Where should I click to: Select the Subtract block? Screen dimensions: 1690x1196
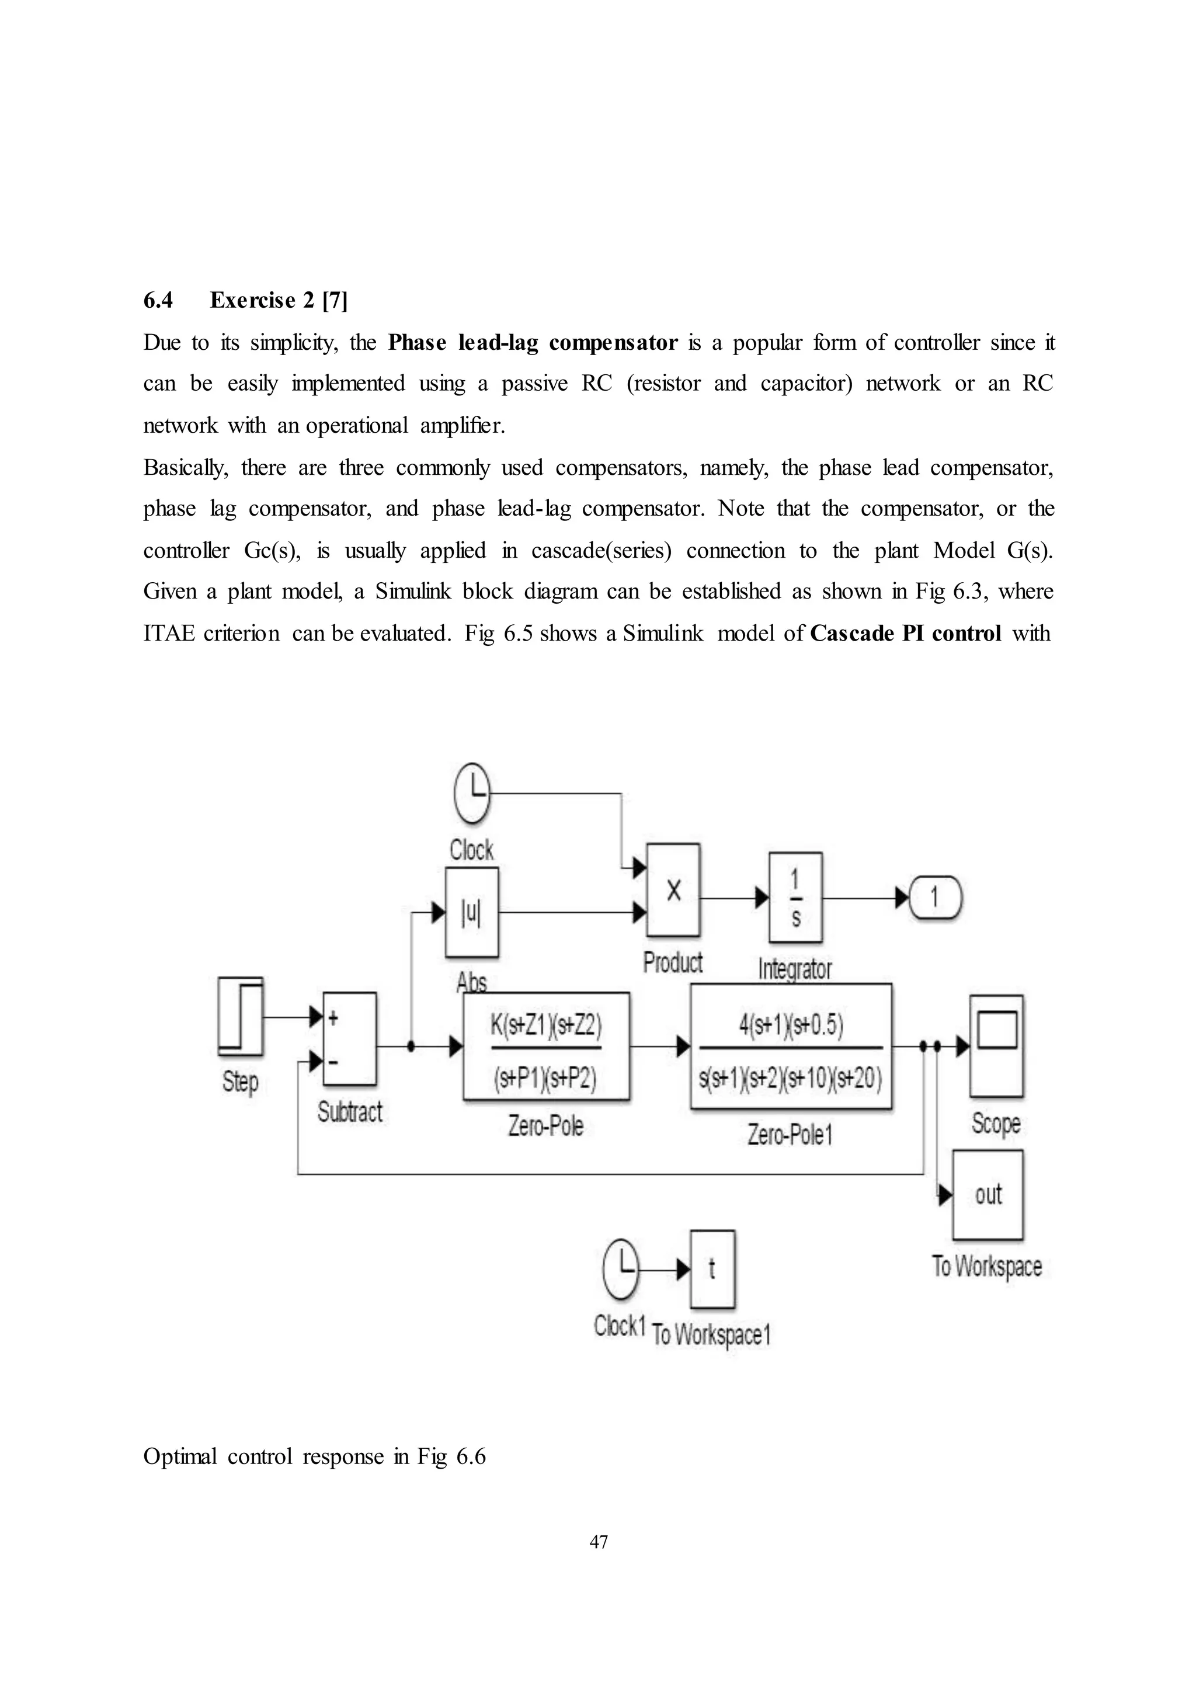pyautogui.click(x=350, y=1038)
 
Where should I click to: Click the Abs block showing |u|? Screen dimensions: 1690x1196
pyautogui.click(x=471, y=912)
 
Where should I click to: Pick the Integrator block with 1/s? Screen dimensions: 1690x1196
pyautogui.click(x=795, y=897)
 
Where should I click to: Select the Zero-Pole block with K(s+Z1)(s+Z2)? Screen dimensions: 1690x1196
pyautogui.click(x=545, y=1046)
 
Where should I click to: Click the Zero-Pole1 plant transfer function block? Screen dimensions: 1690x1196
pyautogui.click(x=791, y=1046)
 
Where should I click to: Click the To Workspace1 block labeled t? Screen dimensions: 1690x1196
pyautogui.click(x=711, y=1269)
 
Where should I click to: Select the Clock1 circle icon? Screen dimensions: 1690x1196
pyautogui.click(x=621, y=1268)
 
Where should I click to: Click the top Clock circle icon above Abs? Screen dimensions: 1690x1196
pyautogui.click(x=472, y=794)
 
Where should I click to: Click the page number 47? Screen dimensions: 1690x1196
pyautogui.click(x=599, y=1541)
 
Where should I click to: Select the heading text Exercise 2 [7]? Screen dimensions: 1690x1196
pyautogui.click(x=279, y=300)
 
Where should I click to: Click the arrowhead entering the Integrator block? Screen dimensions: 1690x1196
pyautogui.click(x=762, y=898)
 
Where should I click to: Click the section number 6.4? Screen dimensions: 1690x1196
pyautogui.click(x=158, y=300)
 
